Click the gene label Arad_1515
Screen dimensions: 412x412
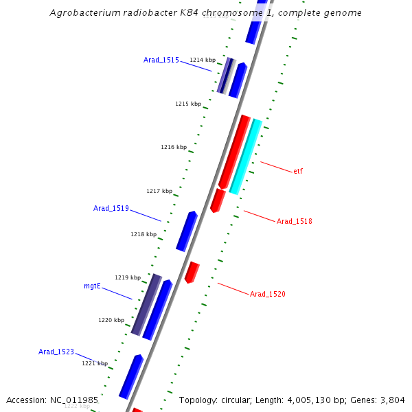point(161,60)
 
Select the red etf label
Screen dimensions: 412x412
point(298,172)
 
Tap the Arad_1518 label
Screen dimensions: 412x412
point(295,222)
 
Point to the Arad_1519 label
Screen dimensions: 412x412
point(111,208)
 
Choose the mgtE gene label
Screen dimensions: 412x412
point(92,285)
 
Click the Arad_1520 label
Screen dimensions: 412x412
point(268,295)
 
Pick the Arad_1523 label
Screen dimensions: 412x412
point(56,352)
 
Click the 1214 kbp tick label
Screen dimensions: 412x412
point(203,60)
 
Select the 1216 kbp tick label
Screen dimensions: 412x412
point(174,147)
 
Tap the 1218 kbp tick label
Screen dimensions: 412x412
point(144,234)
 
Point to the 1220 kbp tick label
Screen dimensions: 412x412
point(111,320)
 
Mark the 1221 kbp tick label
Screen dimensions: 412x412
point(95,363)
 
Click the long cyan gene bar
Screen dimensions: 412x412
point(246,157)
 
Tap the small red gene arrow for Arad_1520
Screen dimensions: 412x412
point(192,272)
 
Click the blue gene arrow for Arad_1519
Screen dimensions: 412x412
point(187,231)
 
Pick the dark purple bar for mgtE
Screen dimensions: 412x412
point(146,304)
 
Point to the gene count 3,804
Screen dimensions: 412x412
point(392,400)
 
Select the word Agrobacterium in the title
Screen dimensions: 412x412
point(80,13)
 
